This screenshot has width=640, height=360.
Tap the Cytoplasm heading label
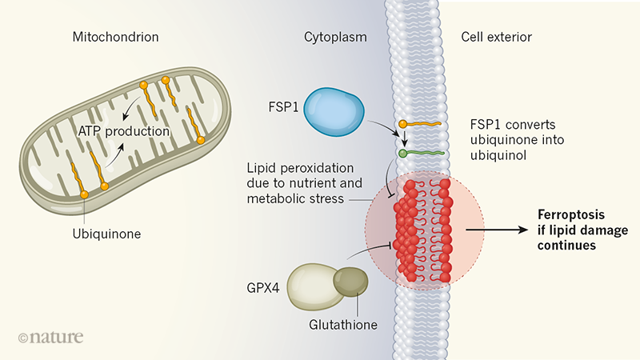(x=330, y=37)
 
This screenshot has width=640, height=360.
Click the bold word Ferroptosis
(x=569, y=216)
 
